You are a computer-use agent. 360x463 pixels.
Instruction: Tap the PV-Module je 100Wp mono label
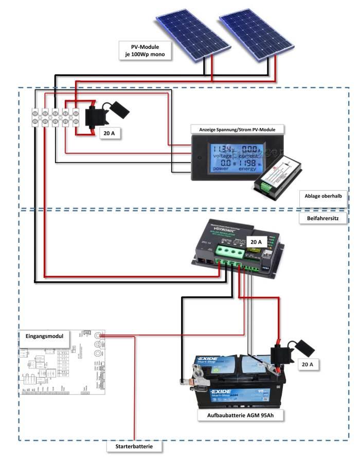pos(144,49)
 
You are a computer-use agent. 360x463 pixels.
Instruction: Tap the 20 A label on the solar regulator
pos(256,241)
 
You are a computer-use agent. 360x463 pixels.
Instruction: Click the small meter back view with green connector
pos(280,177)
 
